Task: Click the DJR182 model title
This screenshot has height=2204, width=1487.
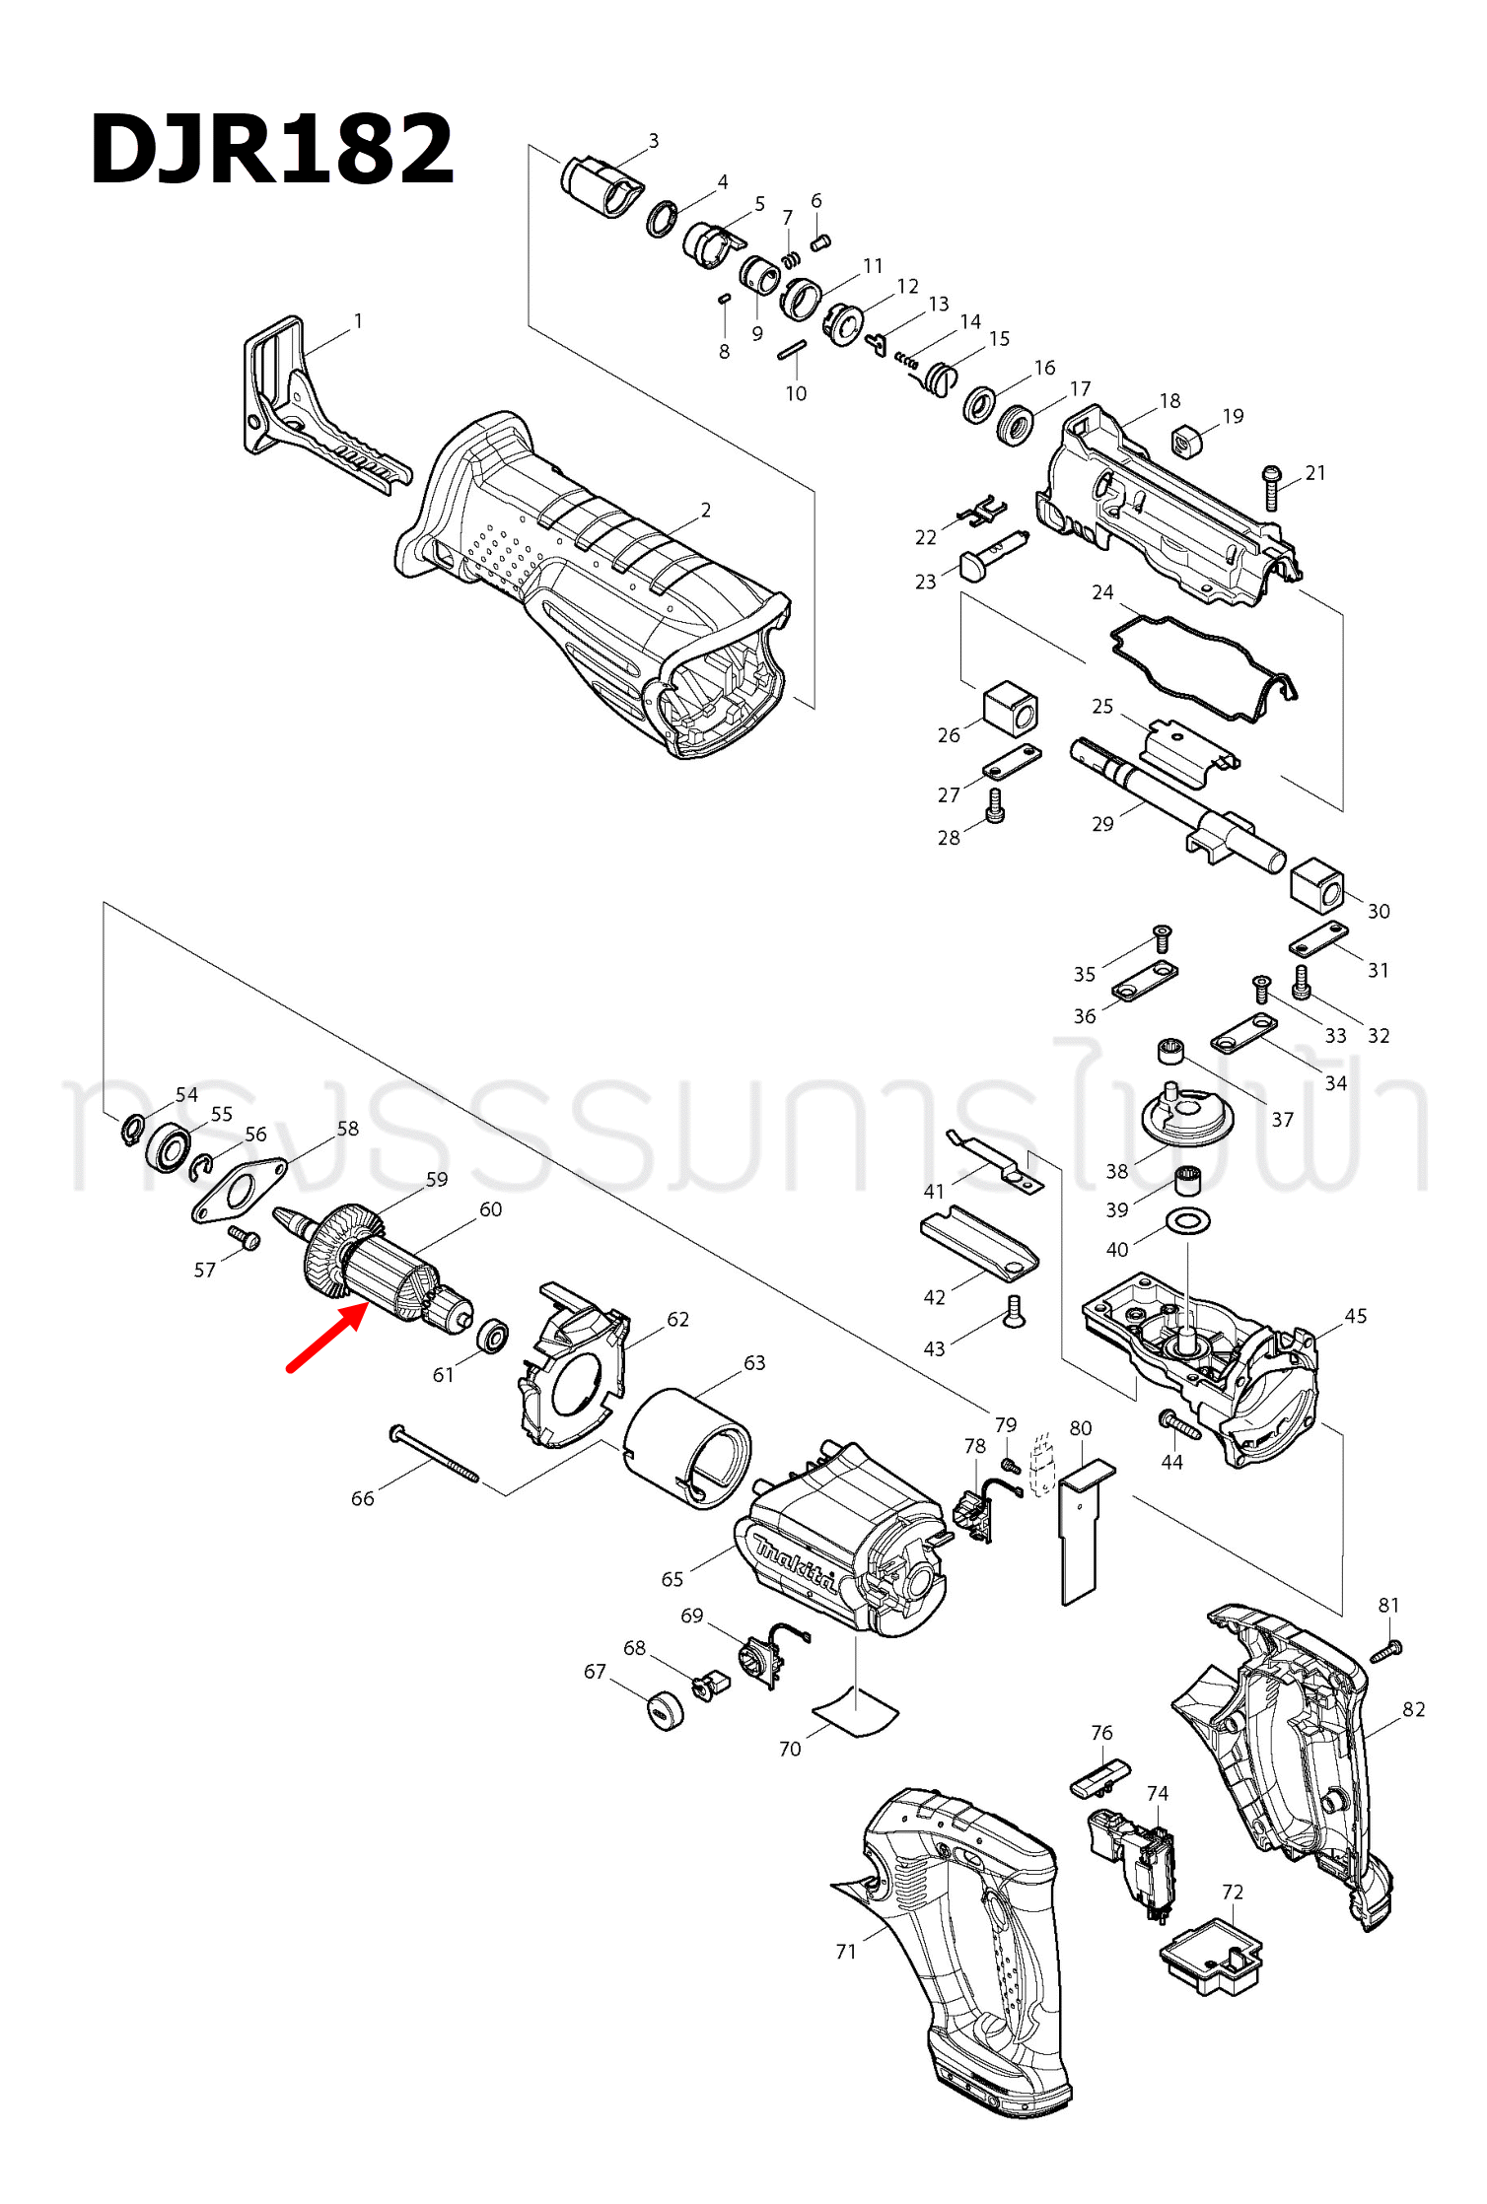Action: tap(272, 149)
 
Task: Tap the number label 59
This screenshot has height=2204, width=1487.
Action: tap(437, 1179)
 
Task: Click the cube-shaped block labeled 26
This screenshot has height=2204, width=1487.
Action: tap(1011, 708)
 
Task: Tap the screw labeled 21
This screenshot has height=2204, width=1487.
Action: tap(1272, 488)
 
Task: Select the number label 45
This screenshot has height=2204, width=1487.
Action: tap(1356, 1316)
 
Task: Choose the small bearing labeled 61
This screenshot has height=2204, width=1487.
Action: tap(492, 1337)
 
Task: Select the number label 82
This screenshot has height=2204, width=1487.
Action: tap(1413, 1709)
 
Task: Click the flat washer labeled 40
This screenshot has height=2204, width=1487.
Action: tap(1188, 1222)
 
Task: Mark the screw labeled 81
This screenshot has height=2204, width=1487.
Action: tap(1386, 1649)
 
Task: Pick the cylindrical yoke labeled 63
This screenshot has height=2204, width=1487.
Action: tap(687, 1447)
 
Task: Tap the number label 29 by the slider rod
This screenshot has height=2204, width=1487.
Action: tap(1102, 823)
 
